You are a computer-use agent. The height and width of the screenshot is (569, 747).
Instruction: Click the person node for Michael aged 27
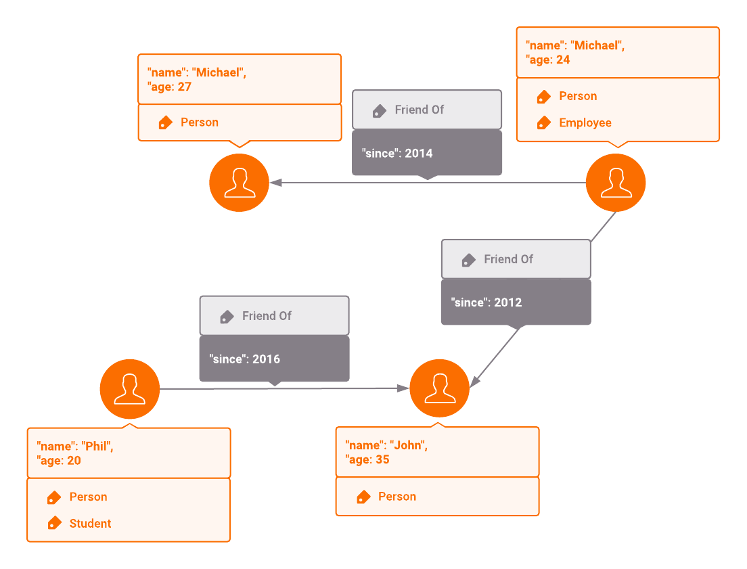click(239, 182)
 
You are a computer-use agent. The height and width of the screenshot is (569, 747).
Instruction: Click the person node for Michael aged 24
click(615, 182)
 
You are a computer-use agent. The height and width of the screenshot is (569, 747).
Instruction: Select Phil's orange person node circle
click(129, 388)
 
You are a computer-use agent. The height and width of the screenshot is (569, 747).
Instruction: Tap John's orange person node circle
click(439, 388)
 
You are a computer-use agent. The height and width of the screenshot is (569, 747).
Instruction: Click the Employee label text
click(585, 123)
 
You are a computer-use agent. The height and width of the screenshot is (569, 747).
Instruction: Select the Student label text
click(90, 524)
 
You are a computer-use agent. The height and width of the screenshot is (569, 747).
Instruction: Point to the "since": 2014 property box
click(426, 153)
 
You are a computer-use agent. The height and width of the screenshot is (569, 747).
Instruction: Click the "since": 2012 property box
click(516, 302)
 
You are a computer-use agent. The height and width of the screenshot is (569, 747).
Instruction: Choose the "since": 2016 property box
click(274, 359)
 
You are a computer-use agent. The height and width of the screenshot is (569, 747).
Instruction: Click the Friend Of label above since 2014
click(420, 110)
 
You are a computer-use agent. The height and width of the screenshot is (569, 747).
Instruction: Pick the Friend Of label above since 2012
click(508, 259)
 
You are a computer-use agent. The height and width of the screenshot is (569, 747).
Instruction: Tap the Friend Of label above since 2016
click(267, 316)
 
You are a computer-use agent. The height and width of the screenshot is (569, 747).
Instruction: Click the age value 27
click(185, 87)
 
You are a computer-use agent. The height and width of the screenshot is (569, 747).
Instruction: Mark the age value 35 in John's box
click(382, 460)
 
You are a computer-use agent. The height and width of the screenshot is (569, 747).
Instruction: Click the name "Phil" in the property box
click(97, 447)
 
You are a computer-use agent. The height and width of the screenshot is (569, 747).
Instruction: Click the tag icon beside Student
click(54, 524)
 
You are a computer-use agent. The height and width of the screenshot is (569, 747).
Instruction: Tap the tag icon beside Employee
click(543, 123)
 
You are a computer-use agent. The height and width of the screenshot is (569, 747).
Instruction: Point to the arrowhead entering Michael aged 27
click(275, 182)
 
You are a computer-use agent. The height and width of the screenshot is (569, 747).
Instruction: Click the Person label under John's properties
click(397, 497)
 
